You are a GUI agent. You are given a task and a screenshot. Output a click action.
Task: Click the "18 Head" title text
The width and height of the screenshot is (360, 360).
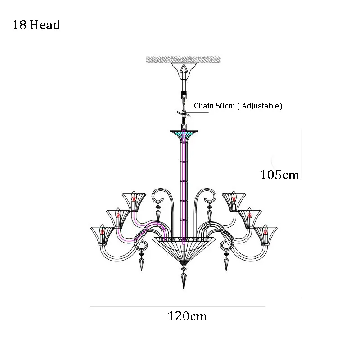click(36, 25)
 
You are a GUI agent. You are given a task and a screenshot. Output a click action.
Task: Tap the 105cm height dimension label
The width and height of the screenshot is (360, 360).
click(279, 175)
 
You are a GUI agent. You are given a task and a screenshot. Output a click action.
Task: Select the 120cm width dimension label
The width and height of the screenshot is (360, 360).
click(187, 316)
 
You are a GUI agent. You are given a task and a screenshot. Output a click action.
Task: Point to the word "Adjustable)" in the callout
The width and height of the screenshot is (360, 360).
click(262, 106)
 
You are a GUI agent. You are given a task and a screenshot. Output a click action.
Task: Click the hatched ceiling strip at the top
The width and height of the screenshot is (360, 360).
click(184, 59)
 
